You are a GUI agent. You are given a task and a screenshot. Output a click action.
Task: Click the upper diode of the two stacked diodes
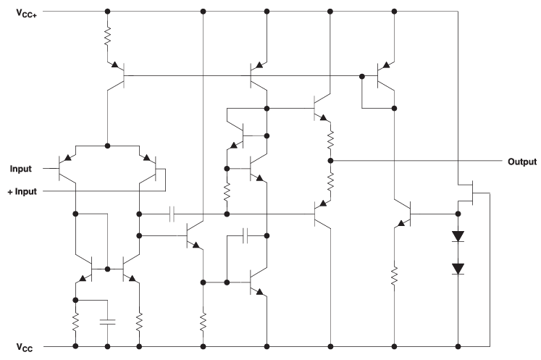point(458,237)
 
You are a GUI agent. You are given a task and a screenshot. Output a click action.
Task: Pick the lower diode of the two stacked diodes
point(458,269)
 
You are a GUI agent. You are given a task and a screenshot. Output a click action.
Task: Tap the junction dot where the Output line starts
point(330,160)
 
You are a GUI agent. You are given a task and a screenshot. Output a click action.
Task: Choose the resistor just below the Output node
point(330,182)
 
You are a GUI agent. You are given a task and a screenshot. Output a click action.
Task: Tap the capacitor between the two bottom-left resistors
point(108,320)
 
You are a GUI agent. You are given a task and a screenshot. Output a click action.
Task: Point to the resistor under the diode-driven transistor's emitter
point(395,275)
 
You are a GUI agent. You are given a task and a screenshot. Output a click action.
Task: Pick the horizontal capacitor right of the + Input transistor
point(172,214)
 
